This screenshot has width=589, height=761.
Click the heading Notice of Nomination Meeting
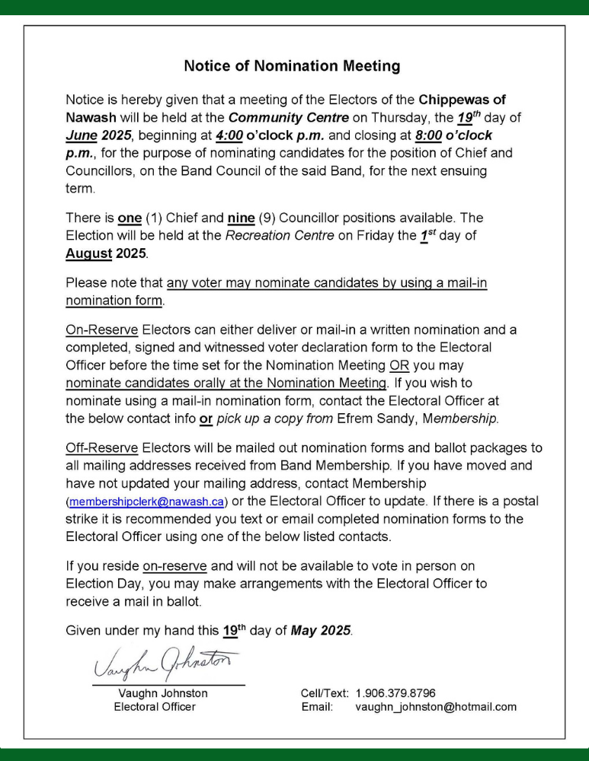pyautogui.click(x=292, y=66)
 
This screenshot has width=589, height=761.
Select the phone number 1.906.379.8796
pyautogui.click(x=395, y=693)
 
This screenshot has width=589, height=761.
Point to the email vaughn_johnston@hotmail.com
pyautogui.click(x=436, y=707)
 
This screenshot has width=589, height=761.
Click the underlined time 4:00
pyautogui.click(x=229, y=135)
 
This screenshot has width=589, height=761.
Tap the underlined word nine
pyautogui.click(x=241, y=218)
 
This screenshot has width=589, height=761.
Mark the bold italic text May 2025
pyautogui.click(x=321, y=631)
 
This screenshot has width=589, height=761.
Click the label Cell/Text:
pyautogui.click(x=325, y=693)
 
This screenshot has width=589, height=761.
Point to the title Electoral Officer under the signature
pyautogui.click(x=155, y=707)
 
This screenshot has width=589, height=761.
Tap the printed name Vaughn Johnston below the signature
pyautogui.click(x=163, y=693)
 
